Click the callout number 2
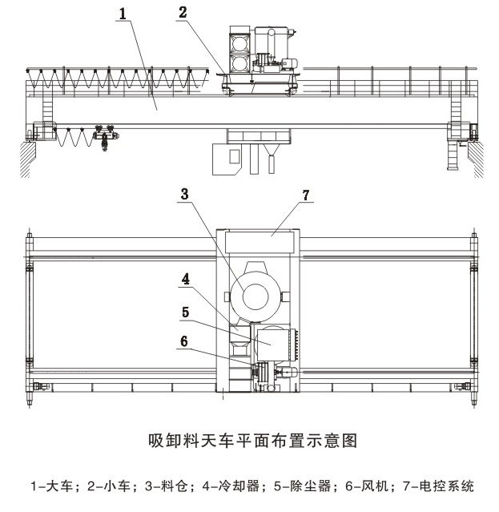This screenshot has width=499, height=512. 183,13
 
